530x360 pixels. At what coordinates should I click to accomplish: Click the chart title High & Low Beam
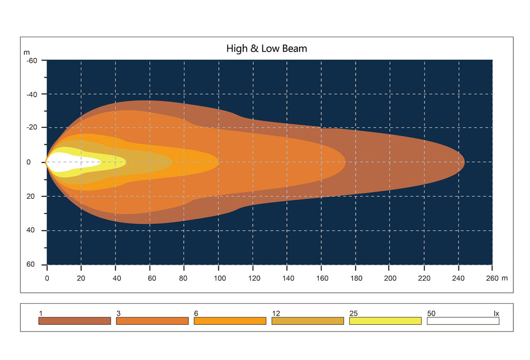point(267,49)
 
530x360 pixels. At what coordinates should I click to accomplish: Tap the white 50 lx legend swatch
point(463,321)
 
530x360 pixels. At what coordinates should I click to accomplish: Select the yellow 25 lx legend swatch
point(385,321)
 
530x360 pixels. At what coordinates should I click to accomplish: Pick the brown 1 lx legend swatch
point(75,321)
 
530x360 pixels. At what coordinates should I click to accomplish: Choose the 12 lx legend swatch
point(307,321)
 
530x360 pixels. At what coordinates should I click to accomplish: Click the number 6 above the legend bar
point(196,313)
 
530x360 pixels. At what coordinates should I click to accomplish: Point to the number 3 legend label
point(119,313)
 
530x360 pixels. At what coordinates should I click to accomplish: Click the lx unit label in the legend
point(496,313)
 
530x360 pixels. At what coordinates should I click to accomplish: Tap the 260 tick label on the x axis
point(492,278)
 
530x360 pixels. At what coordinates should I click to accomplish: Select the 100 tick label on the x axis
point(219,278)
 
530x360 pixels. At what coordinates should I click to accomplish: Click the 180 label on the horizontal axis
point(356,278)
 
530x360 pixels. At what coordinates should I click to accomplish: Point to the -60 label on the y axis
point(32,61)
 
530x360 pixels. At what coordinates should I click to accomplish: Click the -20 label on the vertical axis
point(32,127)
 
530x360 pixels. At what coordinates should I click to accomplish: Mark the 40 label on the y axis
point(31,230)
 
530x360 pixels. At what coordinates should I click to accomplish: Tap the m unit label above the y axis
point(27,52)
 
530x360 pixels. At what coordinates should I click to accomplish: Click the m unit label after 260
point(504,278)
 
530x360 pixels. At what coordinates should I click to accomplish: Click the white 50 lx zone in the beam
point(72,162)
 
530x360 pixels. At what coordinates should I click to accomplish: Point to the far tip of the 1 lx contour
point(465,162)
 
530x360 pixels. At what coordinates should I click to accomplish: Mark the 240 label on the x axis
point(459,278)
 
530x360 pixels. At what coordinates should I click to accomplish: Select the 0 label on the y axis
point(28,162)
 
